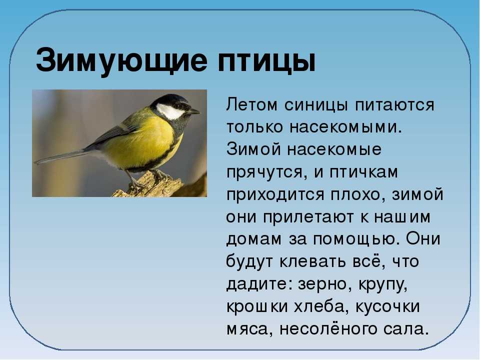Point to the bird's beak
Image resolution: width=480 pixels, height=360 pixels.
pyautogui.click(x=193, y=111)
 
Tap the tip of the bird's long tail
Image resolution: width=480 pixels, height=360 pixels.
pyautogui.click(x=35, y=162)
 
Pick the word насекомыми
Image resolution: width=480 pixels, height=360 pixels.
pyautogui.click(x=345, y=127)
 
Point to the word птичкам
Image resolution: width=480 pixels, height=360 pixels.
pyautogui.click(x=364, y=172)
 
